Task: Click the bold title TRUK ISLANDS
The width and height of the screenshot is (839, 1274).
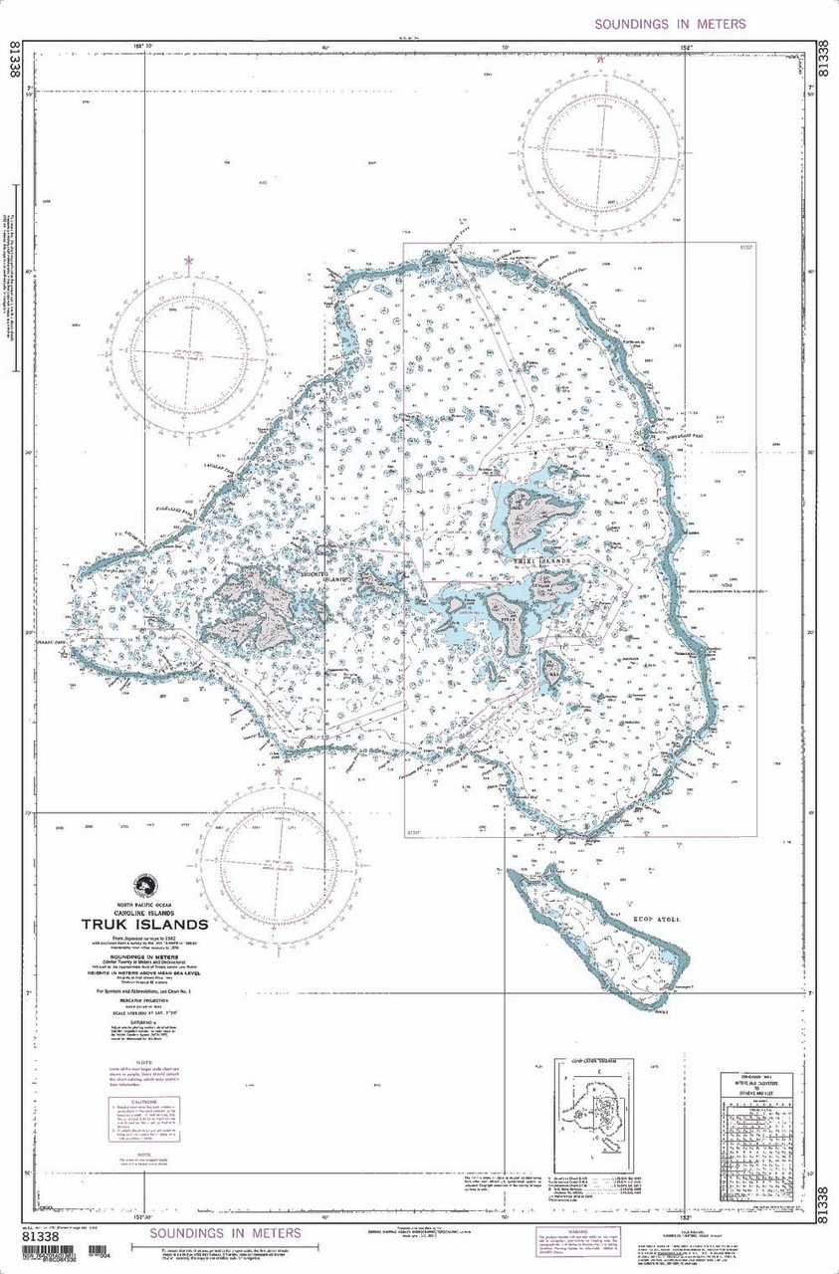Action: (x=144, y=924)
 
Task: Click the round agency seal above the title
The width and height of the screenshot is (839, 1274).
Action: (x=146, y=884)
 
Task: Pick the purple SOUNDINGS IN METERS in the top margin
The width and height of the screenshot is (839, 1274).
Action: (x=670, y=24)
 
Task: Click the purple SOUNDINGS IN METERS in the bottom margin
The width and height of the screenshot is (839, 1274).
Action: (x=225, y=1233)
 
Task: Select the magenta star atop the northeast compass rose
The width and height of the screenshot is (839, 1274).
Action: (x=600, y=60)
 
